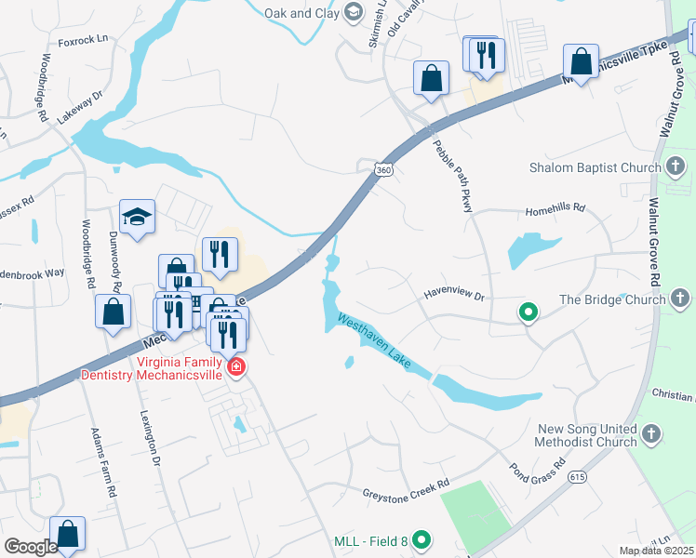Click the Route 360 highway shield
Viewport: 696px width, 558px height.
click(x=381, y=168)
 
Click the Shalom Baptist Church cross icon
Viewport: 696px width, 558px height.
click(x=676, y=167)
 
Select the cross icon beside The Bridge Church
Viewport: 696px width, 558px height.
click(x=680, y=299)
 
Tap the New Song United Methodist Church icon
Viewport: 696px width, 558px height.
click(x=652, y=433)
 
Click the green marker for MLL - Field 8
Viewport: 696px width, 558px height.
click(x=422, y=539)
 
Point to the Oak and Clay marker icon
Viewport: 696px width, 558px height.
click(x=353, y=12)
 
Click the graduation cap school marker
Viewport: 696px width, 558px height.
click(x=138, y=218)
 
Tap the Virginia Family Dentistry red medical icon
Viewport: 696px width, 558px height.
click(x=236, y=367)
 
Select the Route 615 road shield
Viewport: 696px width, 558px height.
click(x=578, y=476)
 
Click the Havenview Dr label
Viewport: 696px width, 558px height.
click(x=456, y=294)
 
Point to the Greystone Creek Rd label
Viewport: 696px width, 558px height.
click(x=406, y=484)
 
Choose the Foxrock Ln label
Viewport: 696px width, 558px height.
click(x=83, y=41)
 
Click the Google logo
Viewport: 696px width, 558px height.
click(x=31, y=547)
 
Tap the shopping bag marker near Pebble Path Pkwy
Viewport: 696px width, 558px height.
click(x=432, y=78)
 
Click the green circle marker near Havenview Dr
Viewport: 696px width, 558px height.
click(x=529, y=312)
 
